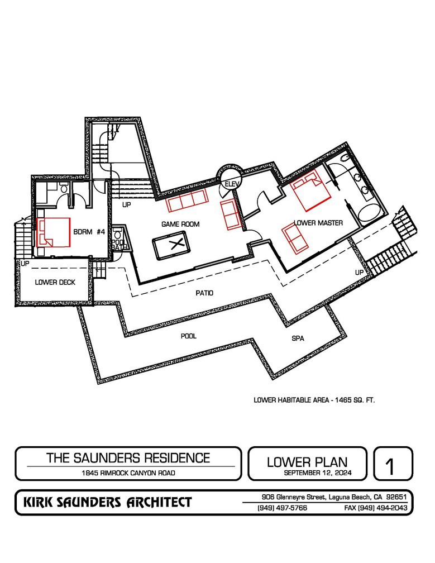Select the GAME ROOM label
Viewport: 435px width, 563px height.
point(180,224)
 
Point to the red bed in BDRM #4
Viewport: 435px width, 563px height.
point(53,232)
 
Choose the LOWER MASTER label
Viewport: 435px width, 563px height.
point(318,223)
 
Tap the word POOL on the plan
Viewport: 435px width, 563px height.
point(189,336)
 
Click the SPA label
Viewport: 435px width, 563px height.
point(298,338)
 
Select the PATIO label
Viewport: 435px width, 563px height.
point(204,293)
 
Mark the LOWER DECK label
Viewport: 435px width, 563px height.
point(55,283)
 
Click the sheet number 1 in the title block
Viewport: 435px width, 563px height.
point(392,465)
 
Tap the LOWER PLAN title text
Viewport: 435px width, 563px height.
point(307,462)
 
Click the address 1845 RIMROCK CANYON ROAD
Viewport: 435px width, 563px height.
point(128,473)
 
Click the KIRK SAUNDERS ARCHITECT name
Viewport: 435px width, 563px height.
point(107,502)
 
